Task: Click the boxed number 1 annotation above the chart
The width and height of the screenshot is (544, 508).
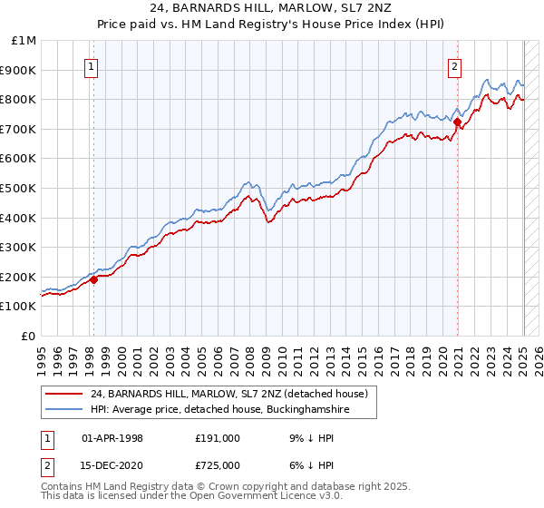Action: click(x=92, y=65)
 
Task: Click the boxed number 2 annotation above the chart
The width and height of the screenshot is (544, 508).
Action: click(x=453, y=65)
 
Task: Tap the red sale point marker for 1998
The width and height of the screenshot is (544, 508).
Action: click(x=93, y=280)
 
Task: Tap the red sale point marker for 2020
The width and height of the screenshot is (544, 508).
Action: click(x=458, y=122)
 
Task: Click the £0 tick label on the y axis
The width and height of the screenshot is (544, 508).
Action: click(x=29, y=337)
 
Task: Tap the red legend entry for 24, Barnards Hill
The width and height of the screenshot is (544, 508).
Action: click(x=229, y=394)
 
